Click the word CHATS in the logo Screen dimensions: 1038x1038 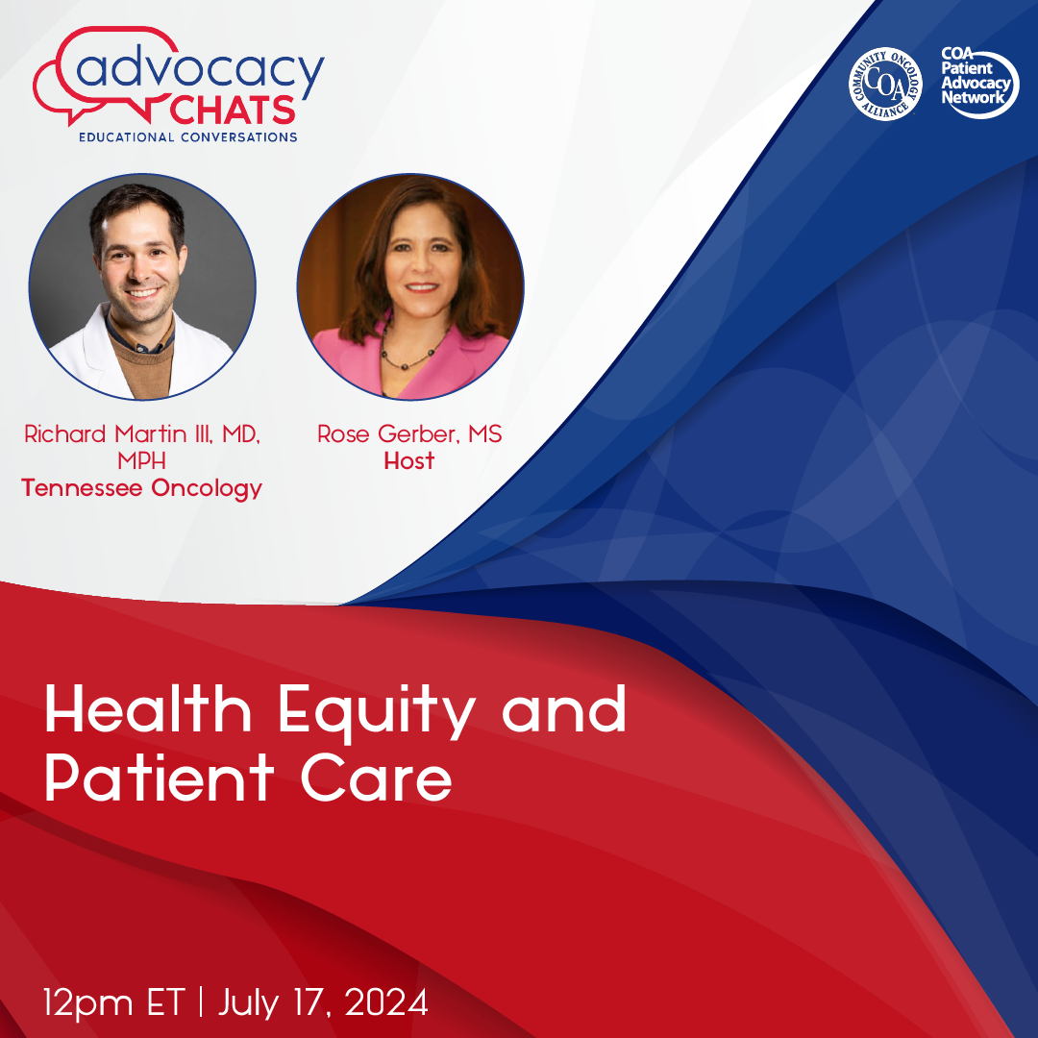[232, 111]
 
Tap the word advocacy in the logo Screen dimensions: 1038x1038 [200, 71]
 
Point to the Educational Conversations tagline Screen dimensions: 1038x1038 [188, 137]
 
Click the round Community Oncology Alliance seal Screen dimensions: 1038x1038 [885, 84]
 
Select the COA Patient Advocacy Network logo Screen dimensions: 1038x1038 [979, 83]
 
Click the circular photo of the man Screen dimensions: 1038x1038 [142, 286]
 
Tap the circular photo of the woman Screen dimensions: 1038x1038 [410, 286]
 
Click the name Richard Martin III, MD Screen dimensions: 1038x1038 [141, 434]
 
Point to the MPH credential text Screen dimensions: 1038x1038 [141, 460]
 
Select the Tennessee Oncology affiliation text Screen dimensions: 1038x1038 [141, 488]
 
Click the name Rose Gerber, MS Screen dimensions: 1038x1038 [409, 434]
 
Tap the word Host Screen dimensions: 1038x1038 [409, 460]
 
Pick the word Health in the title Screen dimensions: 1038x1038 [148, 708]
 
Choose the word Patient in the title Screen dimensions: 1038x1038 [160, 778]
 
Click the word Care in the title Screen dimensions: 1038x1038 [376, 778]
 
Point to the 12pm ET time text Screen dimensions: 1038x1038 [113, 1002]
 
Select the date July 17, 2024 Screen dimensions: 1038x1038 [323, 1002]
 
